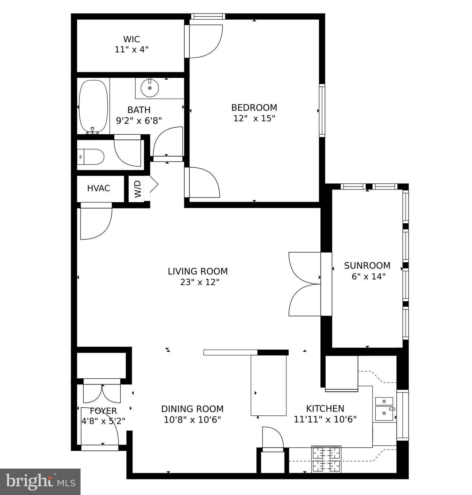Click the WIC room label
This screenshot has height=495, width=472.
click(131, 39)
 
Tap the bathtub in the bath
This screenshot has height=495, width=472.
click(93, 106)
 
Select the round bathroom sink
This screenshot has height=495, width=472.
click(150, 87)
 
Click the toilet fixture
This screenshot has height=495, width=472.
click(91, 157)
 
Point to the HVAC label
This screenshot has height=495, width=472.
click(99, 188)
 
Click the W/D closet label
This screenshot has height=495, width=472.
click(138, 189)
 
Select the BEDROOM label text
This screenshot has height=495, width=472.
click(254, 107)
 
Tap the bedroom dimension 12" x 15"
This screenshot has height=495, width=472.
click(254, 118)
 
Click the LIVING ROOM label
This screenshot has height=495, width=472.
click(197, 271)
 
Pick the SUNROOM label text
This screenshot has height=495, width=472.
click(367, 266)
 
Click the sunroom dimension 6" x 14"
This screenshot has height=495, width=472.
click(368, 277)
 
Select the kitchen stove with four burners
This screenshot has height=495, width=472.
click(326, 459)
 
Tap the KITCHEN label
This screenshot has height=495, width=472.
click(325, 409)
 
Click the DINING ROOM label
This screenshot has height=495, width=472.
click(192, 409)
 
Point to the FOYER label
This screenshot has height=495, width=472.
click(103, 411)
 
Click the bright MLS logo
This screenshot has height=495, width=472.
click(40, 482)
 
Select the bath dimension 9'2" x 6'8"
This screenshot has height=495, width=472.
click(139, 121)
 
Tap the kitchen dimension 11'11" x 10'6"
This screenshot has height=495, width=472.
click(325, 419)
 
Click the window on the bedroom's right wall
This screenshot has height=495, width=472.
click(322, 111)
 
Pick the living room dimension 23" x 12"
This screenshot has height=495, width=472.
click(200, 282)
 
